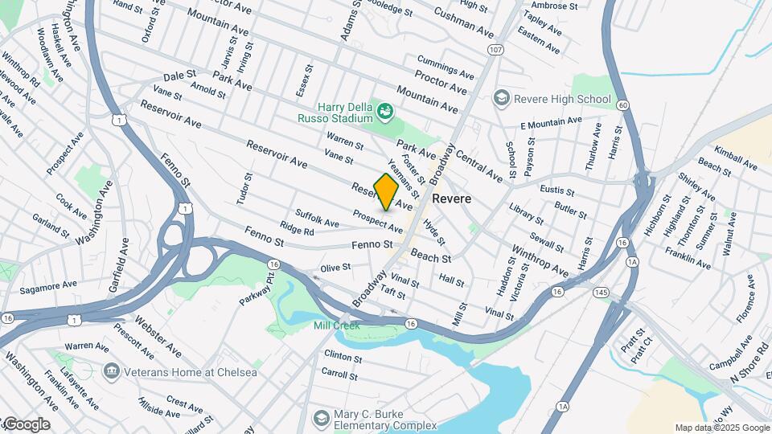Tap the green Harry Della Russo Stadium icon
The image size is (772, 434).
pyautogui.click(x=386, y=110)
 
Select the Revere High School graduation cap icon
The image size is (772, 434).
pyautogui.click(x=503, y=99)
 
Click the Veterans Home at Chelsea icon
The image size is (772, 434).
pyautogui.click(x=110, y=371)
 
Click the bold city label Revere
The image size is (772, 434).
pyautogui.click(x=451, y=199)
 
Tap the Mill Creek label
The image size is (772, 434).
pyautogui.click(x=335, y=325)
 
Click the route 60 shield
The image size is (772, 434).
pyautogui.click(x=624, y=105)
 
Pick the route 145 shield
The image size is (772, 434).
pyautogui.click(x=600, y=291)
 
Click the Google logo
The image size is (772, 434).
pyautogui.click(x=26, y=424)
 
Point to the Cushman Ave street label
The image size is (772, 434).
pyautogui.click(x=463, y=23)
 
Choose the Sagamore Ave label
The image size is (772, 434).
pyautogui.click(x=48, y=285)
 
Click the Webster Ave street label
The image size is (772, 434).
pyautogui.click(x=158, y=335)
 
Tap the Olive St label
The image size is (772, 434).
pyautogui.click(x=335, y=267)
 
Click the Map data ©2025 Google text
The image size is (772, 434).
pyautogui.click(x=721, y=428)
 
